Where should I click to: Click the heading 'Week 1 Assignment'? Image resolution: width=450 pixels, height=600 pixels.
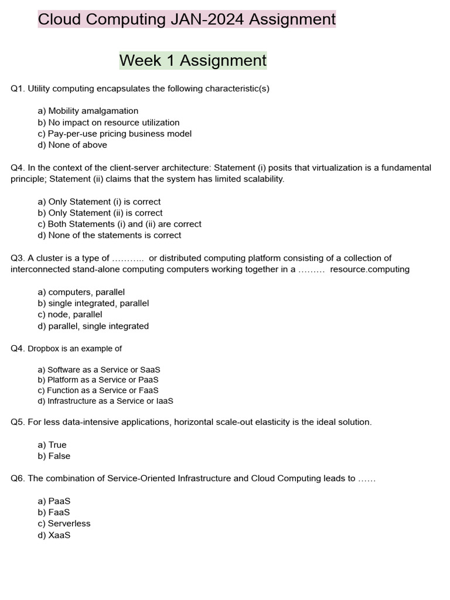193,60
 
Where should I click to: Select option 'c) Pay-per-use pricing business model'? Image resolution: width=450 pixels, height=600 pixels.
114,134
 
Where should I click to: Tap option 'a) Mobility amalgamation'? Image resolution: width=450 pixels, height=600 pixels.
88,111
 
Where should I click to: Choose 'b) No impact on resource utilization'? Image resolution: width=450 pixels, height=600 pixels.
108,122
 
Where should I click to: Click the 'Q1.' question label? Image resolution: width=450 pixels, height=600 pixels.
18,88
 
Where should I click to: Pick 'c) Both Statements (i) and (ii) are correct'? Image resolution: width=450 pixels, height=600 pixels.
119,224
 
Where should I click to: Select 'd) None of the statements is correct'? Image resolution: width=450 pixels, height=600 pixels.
109,235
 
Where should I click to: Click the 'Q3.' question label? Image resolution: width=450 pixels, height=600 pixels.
18,258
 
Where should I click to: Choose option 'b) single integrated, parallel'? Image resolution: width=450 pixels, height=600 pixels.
93,303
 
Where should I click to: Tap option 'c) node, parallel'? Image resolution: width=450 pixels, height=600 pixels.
70,314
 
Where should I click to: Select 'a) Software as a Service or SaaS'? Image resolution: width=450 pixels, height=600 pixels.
98,370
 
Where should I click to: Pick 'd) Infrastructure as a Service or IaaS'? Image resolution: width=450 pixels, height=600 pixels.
105,401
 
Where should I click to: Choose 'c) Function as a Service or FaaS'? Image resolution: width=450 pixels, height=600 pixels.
98,390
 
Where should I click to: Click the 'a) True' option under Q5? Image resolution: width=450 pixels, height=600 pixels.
52,445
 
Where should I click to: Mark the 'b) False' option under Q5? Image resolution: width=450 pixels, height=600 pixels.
53,456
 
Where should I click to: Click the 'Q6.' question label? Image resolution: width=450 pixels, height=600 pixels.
18,478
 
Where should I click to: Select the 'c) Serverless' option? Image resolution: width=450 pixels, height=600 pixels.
64,523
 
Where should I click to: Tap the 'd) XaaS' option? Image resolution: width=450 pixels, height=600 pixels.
54,535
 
